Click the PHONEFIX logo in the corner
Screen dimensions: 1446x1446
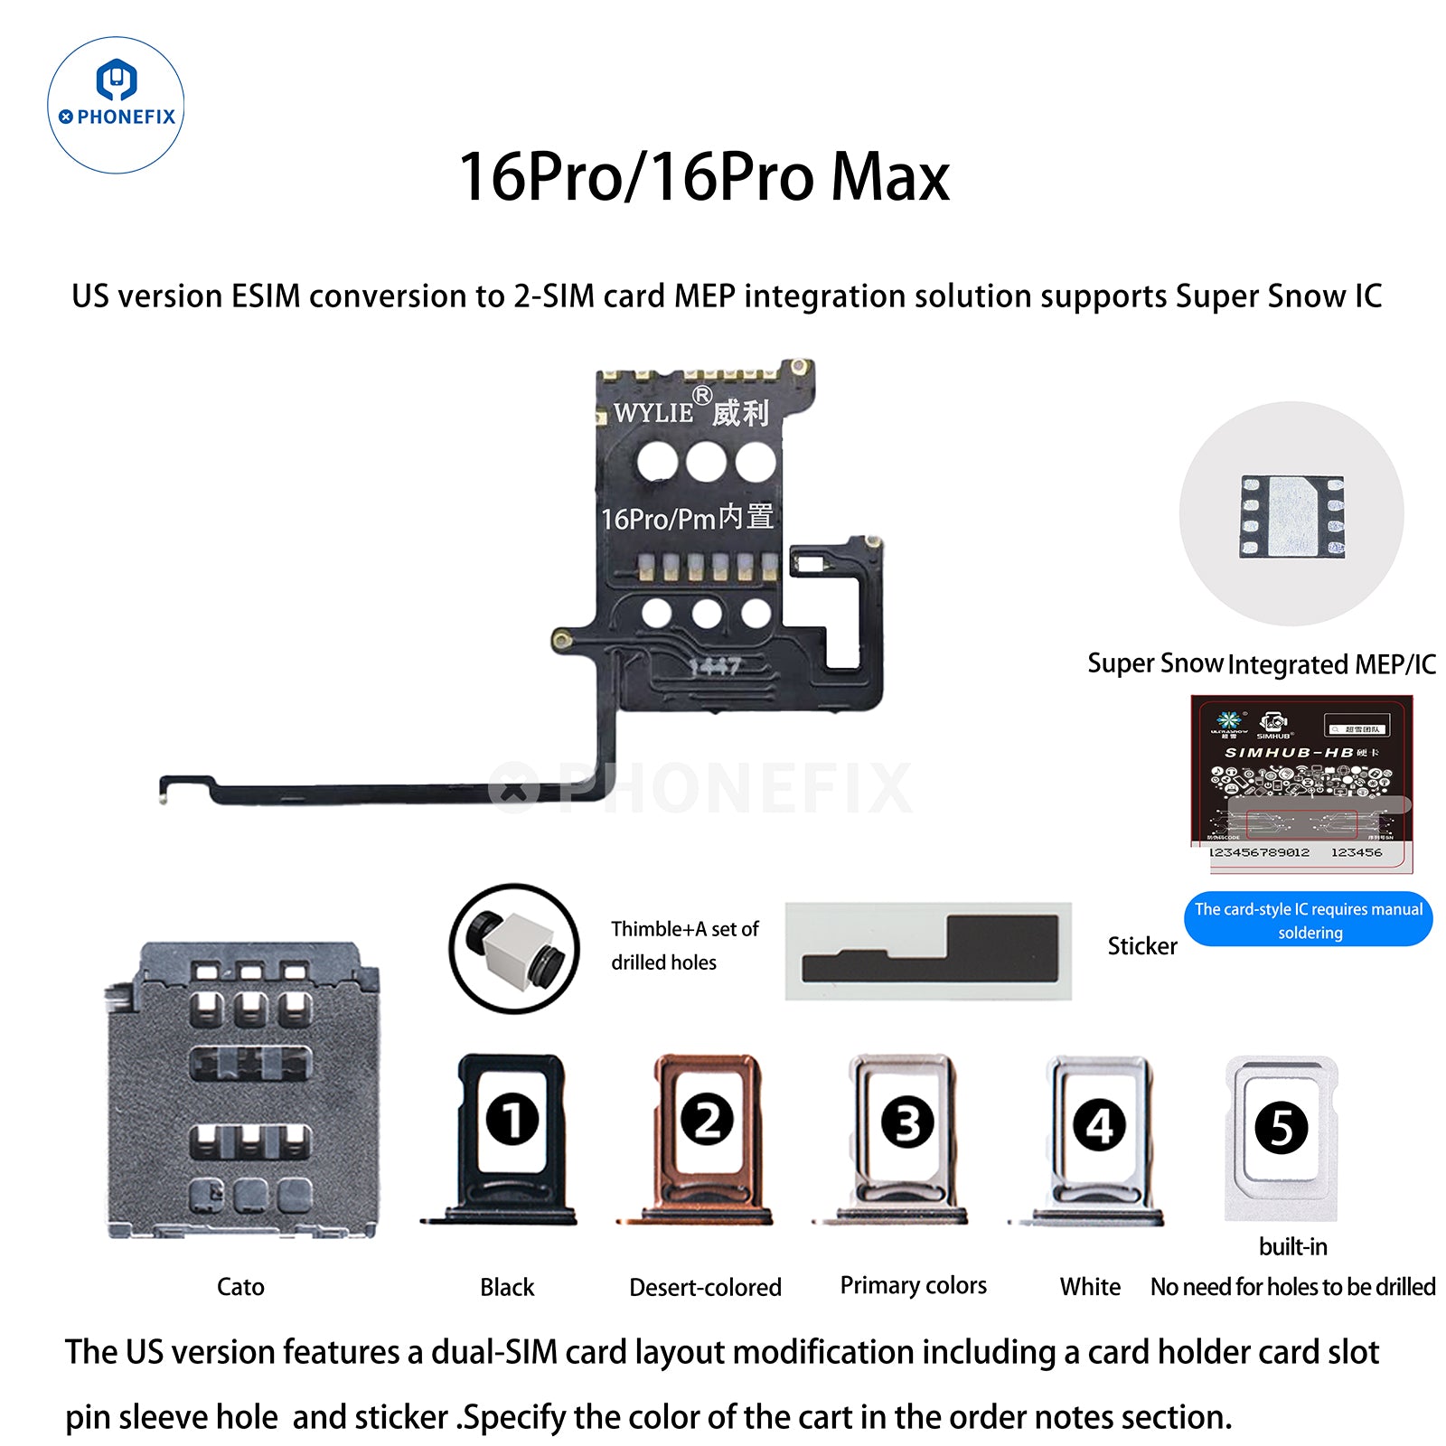pyautogui.click(x=116, y=105)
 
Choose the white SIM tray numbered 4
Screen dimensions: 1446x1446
pyautogui.click(x=1099, y=1139)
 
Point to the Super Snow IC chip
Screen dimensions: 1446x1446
pyautogui.click(x=1291, y=514)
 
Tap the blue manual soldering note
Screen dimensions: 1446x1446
pyautogui.click(x=1309, y=920)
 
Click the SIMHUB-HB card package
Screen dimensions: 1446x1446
pyautogui.click(x=1301, y=783)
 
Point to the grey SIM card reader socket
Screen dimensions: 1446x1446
pyautogui.click(x=242, y=1089)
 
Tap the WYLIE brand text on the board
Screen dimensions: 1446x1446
pyautogui.click(x=654, y=413)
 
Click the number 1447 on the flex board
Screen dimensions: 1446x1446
pyautogui.click(x=714, y=667)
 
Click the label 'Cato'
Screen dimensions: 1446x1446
pyautogui.click(x=240, y=1286)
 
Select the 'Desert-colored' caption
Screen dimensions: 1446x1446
pyautogui.click(x=705, y=1287)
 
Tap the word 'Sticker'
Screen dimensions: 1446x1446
pyautogui.click(x=1142, y=946)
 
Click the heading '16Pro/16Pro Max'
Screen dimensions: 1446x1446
pyautogui.click(x=704, y=176)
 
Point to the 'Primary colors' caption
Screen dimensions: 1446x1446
pyautogui.click(x=913, y=1285)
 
